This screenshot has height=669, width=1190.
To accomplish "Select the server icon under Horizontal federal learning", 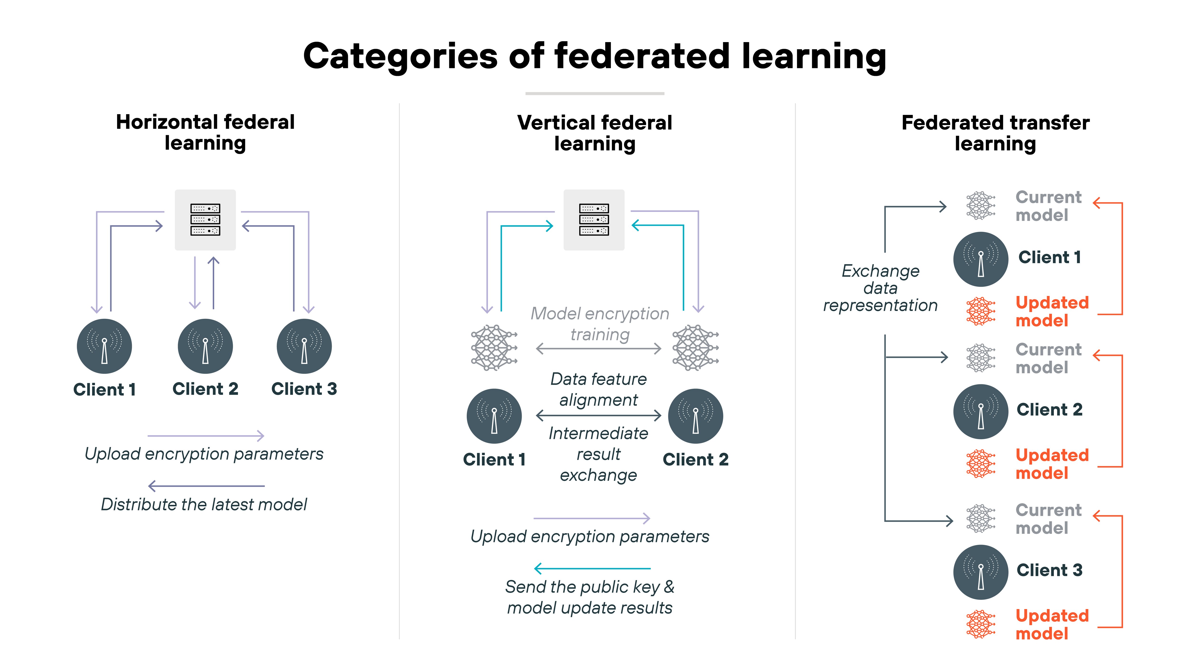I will pyautogui.click(x=205, y=220).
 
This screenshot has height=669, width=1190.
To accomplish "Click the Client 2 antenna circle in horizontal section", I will pyautogui.click(x=205, y=346).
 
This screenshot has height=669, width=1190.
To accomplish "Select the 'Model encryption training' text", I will pyautogui.click(x=600, y=324).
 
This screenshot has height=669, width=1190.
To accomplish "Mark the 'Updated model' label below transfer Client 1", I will pyautogui.click(x=1052, y=312).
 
